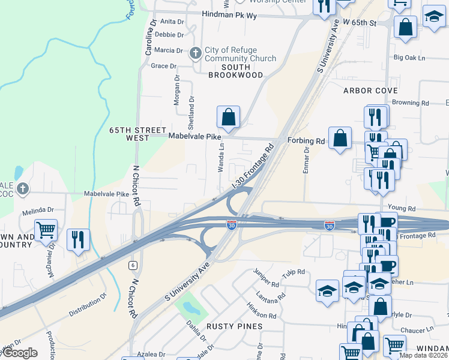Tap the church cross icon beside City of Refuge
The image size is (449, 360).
(x=195, y=53)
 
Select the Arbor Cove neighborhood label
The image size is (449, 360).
(x=370, y=90)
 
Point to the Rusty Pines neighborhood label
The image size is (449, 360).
(x=235, y=326)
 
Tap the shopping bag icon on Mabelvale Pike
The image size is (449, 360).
(x=228, y=116)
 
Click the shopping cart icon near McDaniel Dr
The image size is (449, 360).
(x=46, y=229)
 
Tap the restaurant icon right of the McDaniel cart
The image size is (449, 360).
(x=78, y=239)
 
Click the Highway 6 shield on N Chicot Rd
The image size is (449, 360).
(x=131, y=265)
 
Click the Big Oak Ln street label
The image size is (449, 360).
(x=409, y=58)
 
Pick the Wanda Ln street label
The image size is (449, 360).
(x=221, y=158)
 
